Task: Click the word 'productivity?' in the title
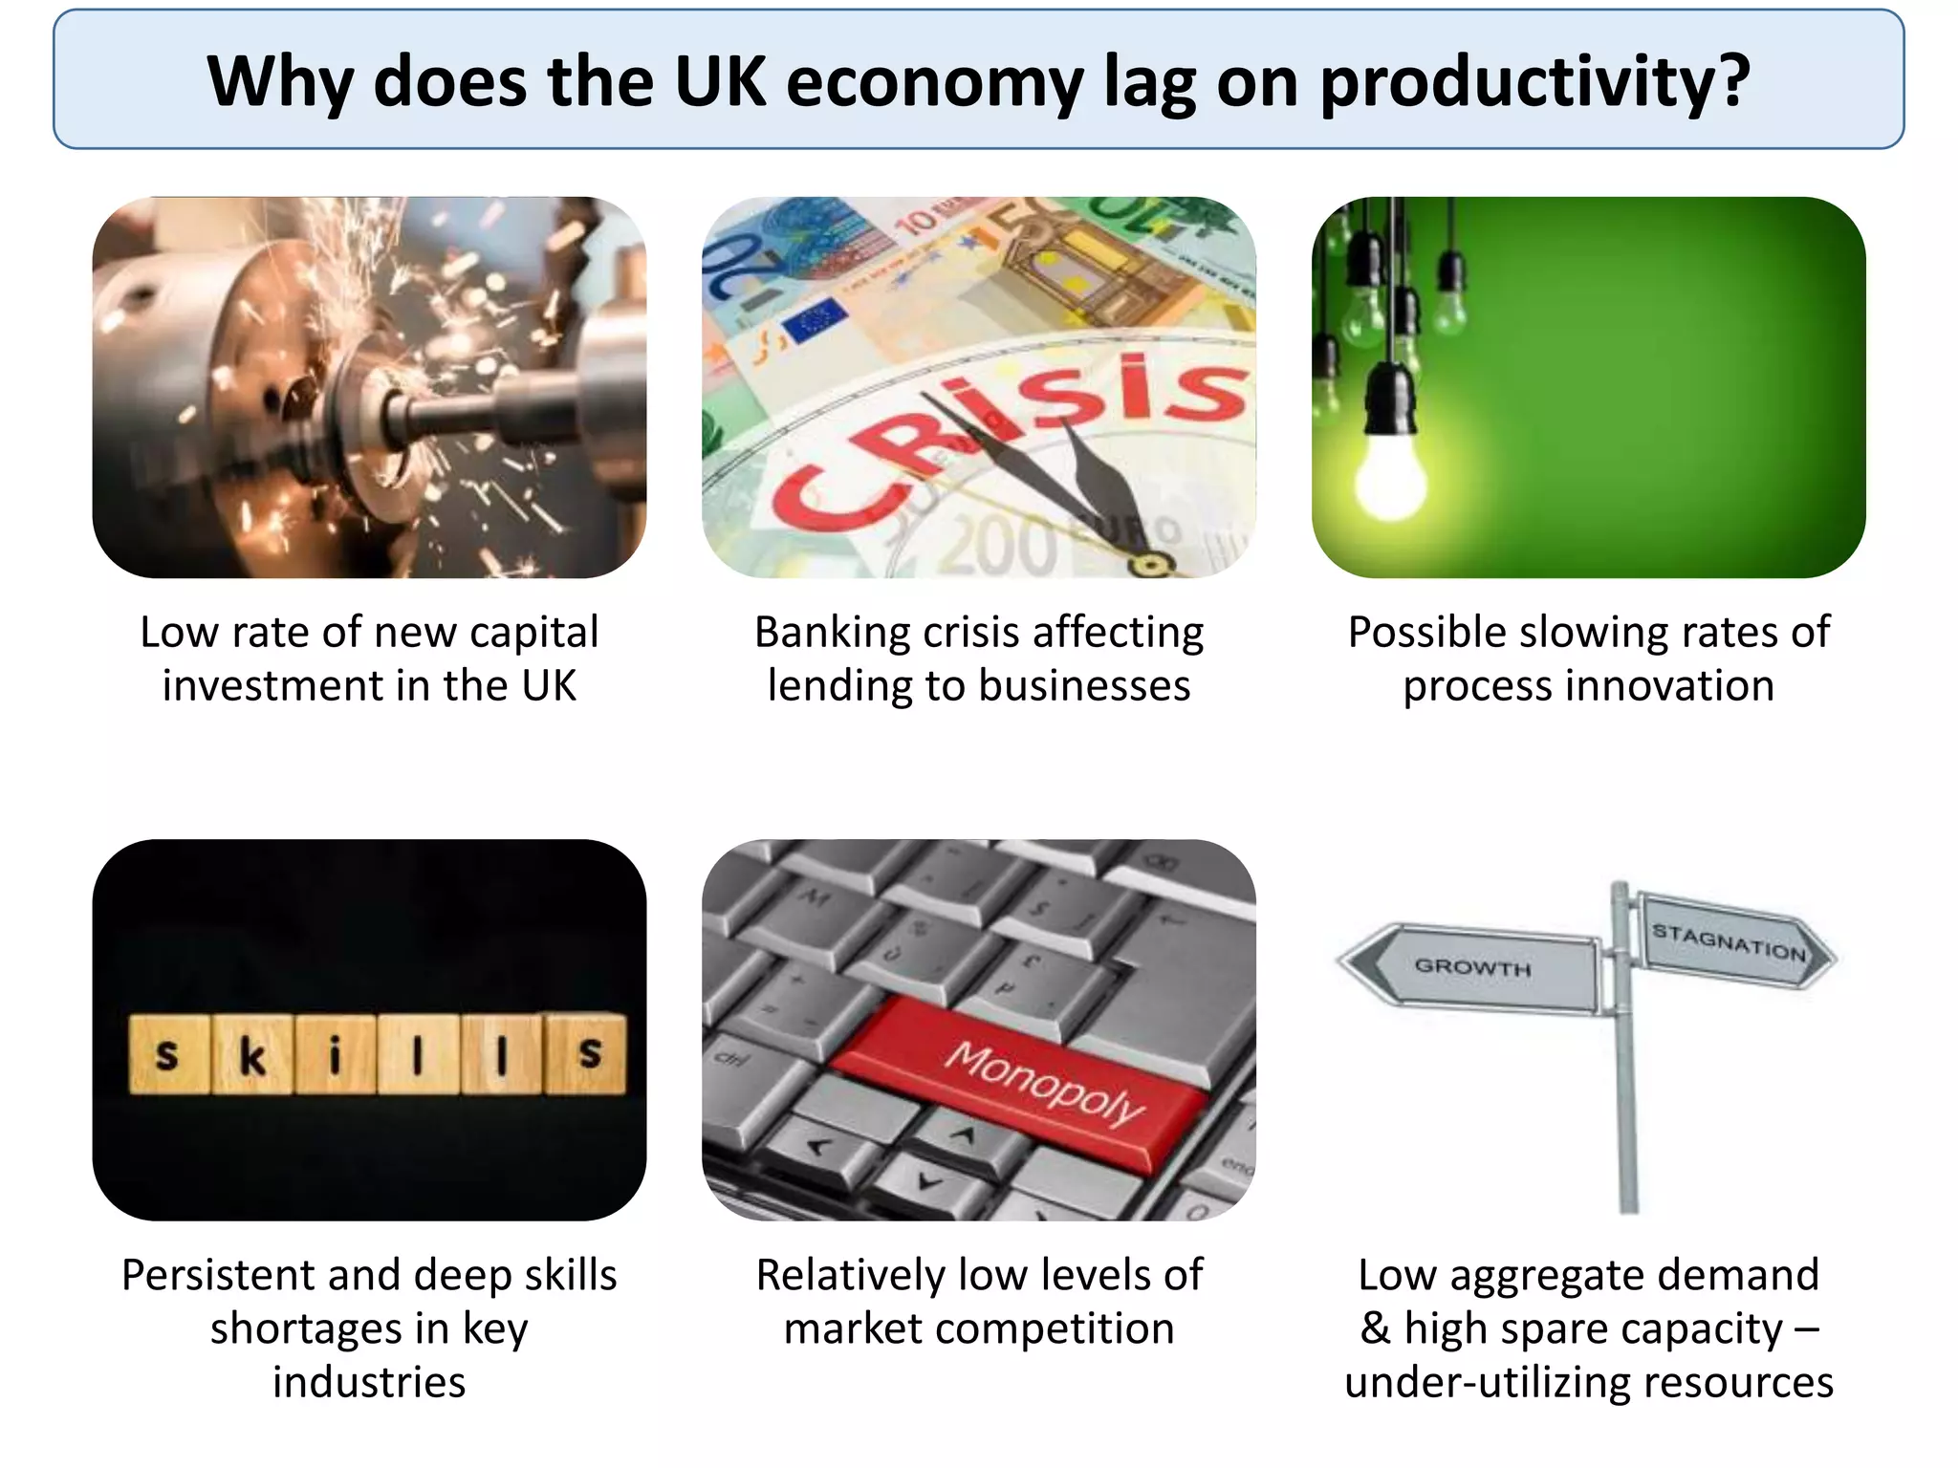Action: pyautogui.click(x=1534, y=82)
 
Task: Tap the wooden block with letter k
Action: pyautogui.click(x=251, y=1053)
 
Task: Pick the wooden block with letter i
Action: pyautogui.click(x=335, y=1053)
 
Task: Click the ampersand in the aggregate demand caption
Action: pyautogui.click(x=1375, y=1328)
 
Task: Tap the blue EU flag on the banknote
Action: pyautogui.click(x=815, y=320)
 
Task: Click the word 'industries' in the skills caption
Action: pyautogui.click(x=369, y=1383)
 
